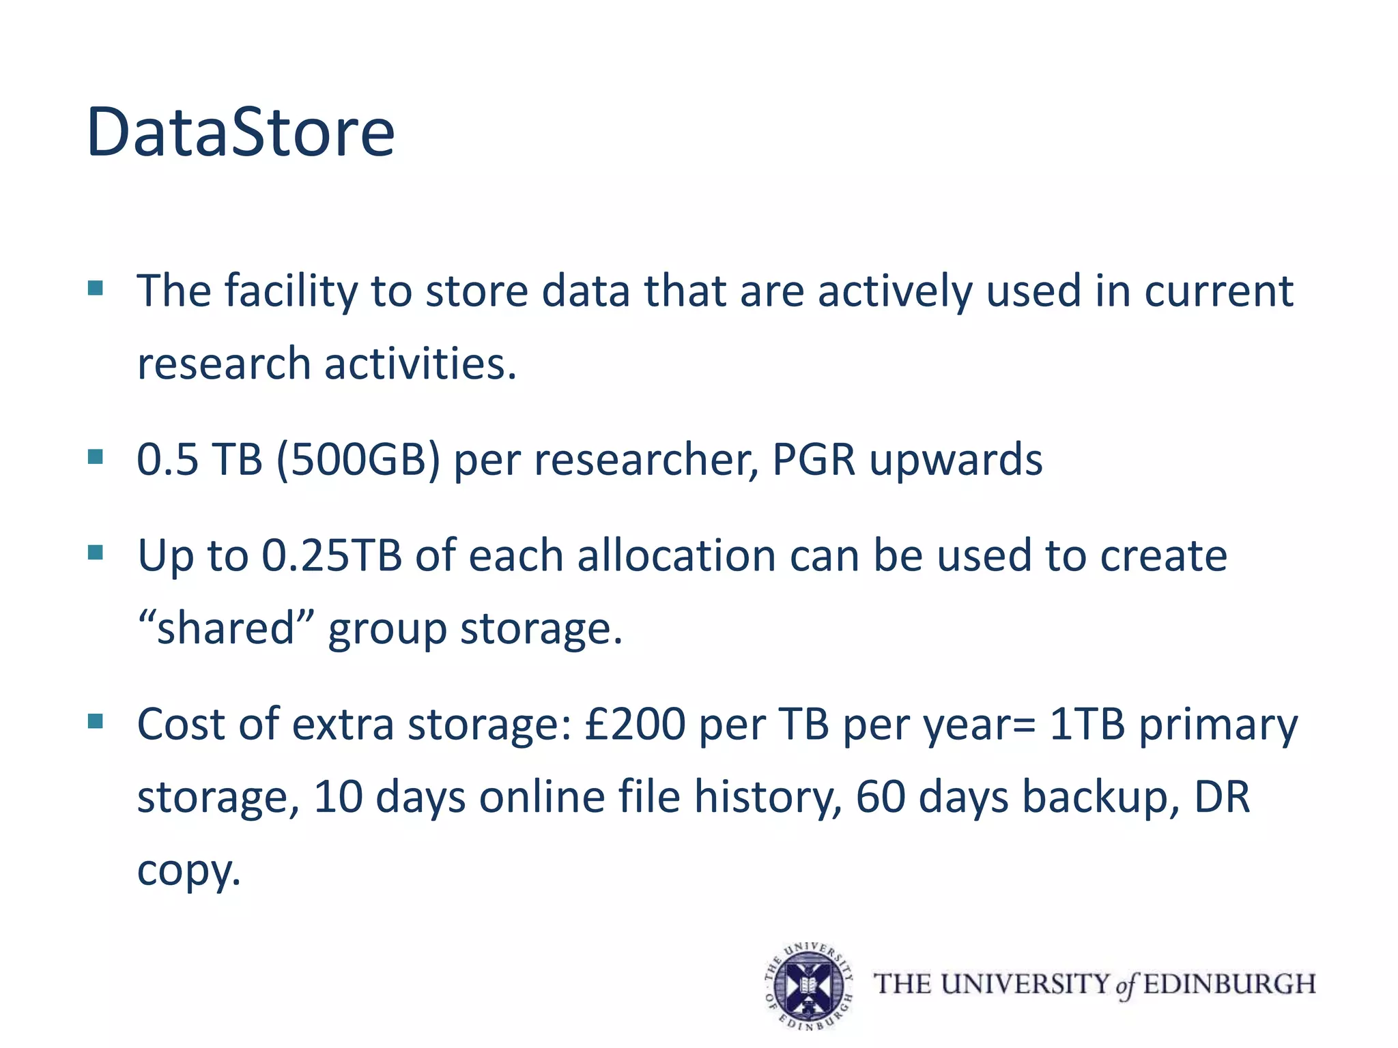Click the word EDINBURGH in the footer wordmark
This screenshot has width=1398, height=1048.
click(x=1229, y=984)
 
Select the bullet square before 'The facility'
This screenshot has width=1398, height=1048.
click(x=96, y=288)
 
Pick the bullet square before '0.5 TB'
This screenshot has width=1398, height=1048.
click(x=96, y=456)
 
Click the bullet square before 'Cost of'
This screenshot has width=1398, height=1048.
click(x=96, y=720)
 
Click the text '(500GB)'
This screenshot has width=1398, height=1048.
click(x=358, y=459)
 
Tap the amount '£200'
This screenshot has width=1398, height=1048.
click(x=635, y=724)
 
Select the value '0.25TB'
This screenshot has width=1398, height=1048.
click(x=332, y=555)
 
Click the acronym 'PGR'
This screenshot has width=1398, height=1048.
click(x=813, y=459)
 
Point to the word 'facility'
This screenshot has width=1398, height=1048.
click(x=291, y=291)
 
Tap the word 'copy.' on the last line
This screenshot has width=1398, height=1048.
click(x=189, y=871)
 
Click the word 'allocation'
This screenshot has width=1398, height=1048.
click(x=676, y=555)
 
